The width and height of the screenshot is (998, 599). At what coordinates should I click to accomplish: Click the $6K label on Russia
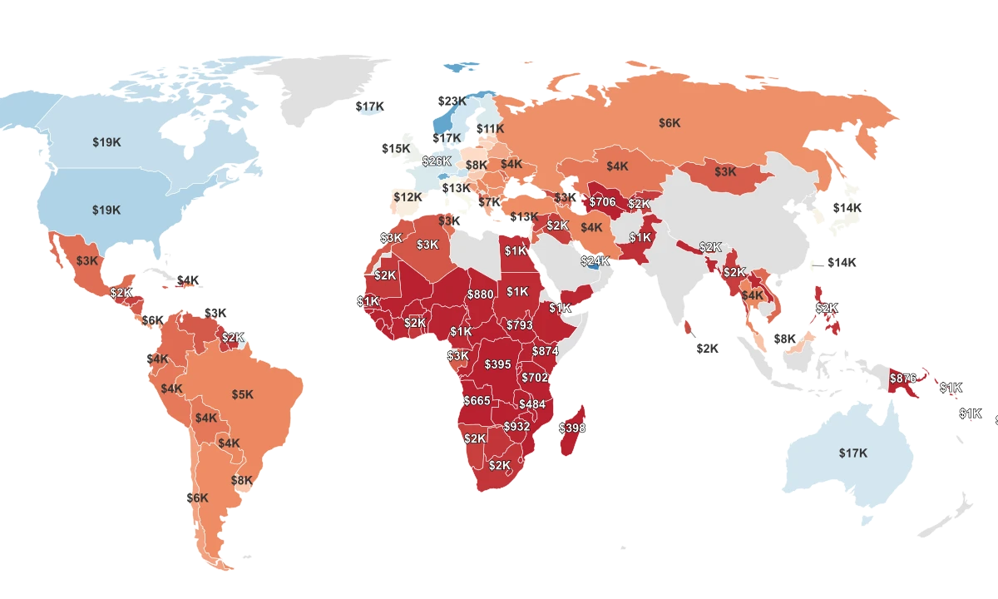669,123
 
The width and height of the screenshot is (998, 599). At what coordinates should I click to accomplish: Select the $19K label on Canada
106,142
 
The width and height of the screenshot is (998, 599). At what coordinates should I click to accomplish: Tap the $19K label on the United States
106,210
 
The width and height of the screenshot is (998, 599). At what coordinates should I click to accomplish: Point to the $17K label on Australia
853,453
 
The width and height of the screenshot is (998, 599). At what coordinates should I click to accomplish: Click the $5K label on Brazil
243,394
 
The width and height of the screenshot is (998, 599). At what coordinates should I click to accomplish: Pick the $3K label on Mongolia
725,172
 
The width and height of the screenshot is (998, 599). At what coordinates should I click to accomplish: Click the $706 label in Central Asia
602,201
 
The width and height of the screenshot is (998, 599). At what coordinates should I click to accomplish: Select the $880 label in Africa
480,295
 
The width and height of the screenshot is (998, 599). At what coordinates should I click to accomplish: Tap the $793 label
519,324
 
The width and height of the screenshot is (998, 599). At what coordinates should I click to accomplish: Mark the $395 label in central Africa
497,364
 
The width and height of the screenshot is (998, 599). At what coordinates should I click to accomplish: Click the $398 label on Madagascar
572,428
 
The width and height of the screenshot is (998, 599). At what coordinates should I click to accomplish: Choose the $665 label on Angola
477,401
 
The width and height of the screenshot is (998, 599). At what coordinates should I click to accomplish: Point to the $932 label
516,426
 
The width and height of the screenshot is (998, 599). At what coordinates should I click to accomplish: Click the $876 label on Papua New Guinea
903,378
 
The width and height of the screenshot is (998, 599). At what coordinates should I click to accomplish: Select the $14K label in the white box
842,262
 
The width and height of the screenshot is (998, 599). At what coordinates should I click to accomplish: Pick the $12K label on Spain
408,197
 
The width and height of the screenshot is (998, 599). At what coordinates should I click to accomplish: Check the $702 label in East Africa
535,378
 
